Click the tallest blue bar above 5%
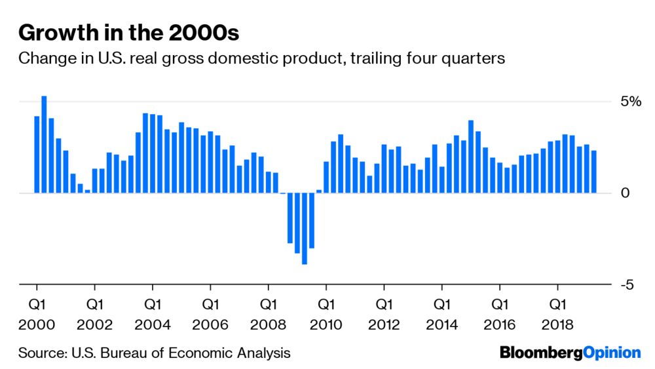44,144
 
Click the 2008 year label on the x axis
268,325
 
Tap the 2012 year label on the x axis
384,325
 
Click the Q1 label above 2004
153,305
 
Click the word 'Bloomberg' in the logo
540,353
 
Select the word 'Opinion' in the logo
611,353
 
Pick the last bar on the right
593,172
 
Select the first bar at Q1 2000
37,155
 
